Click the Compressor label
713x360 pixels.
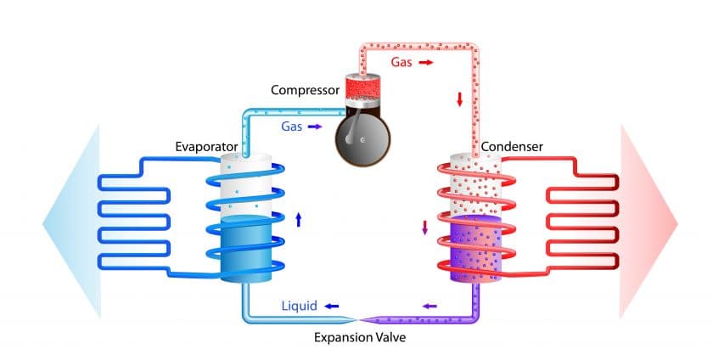click(x=304, y=90)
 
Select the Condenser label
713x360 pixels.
click(x=512, y=147)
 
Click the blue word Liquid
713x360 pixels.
click(x=300, y=305)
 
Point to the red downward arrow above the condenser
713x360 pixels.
click(x=460, y=99)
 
